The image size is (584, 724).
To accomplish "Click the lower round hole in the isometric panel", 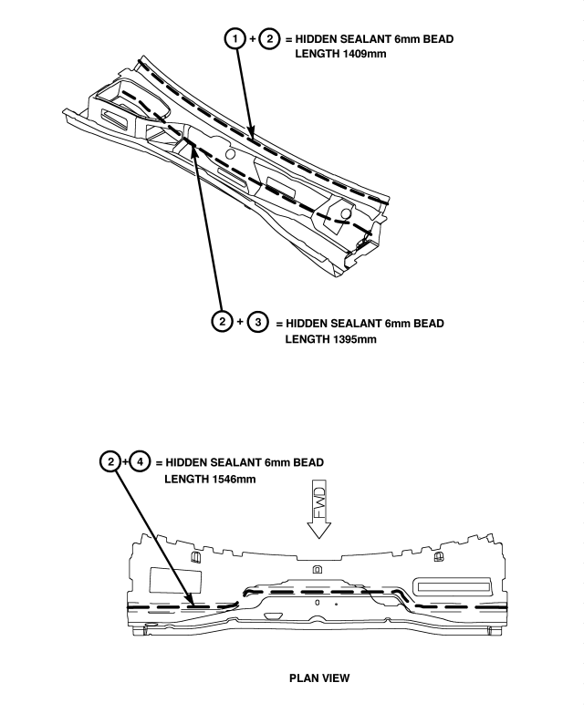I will pos(344,213).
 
